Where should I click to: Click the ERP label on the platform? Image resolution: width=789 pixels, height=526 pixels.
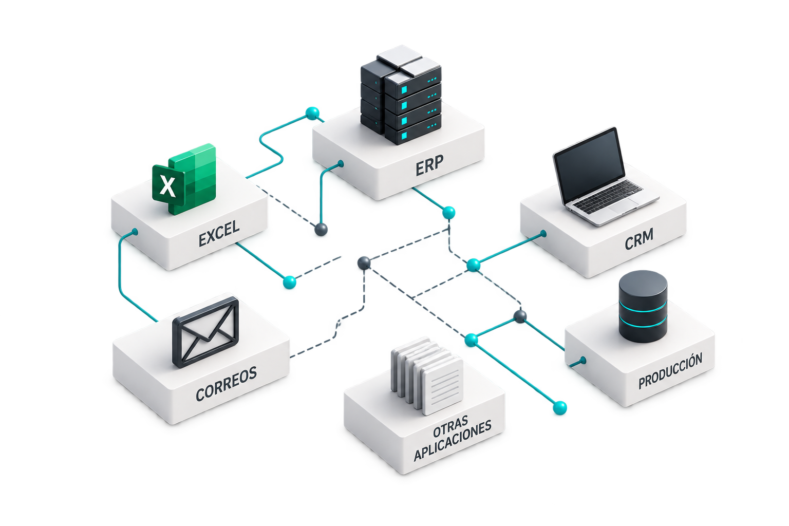pos(429,165)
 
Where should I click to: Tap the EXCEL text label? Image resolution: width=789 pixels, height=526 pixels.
pos(219,234)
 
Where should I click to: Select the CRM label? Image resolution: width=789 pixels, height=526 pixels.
pos(639,239)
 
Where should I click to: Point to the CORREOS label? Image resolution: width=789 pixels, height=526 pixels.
pos(226,384)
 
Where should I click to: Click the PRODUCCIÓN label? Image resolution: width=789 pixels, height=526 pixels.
pos(670,371)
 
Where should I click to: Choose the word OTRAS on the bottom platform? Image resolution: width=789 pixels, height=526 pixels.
pos(450,426)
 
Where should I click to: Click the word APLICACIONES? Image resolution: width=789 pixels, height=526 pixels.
pos(452,440)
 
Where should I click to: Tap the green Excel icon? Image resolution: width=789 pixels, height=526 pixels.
pos(184,179)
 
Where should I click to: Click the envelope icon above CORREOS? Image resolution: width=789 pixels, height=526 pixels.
pos(205,332)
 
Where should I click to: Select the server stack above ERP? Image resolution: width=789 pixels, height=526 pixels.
pos(401,95)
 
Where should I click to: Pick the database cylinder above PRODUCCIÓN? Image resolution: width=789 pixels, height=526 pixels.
pos(643,306)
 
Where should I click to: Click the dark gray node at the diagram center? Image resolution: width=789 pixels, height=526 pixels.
pos(364,263)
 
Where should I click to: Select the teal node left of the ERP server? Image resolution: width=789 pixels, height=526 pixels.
pos(312,114)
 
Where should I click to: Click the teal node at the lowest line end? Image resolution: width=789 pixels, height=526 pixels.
pos(560,408)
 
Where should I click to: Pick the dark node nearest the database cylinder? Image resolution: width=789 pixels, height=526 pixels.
pos(520,316)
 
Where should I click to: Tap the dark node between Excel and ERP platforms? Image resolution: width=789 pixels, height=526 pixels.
pos(321,229)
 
